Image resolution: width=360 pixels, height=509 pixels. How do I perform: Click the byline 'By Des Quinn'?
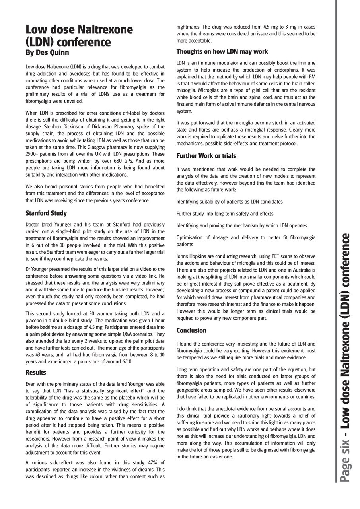pyautogui.click(x=47, y=52)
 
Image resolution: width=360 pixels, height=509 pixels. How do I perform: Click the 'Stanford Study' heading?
pyautogui.click(x=46, y=213)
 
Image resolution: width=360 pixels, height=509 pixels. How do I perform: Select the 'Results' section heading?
pyautogui.click(x=36, y=373)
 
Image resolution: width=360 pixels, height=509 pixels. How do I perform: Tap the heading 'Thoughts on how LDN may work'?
pyautogui.click(x=222, y=52)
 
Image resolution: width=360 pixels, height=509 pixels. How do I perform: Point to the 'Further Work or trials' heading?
pyautogui.click(x=206, y=156)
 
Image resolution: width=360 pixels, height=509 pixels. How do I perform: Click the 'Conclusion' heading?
pyautogui.click(x=191, y=330)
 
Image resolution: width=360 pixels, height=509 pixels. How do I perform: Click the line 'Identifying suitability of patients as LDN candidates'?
pyautogui.click(x=230, y=202)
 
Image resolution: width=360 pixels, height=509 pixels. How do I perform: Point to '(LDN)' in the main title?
pyautogui.click(x=42, y=42)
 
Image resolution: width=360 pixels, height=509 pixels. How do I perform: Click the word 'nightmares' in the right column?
pyautogui.click(x=189, y=27)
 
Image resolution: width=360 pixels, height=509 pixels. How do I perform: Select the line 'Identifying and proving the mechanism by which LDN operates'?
pyautogui.click(x=241, y=225)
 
